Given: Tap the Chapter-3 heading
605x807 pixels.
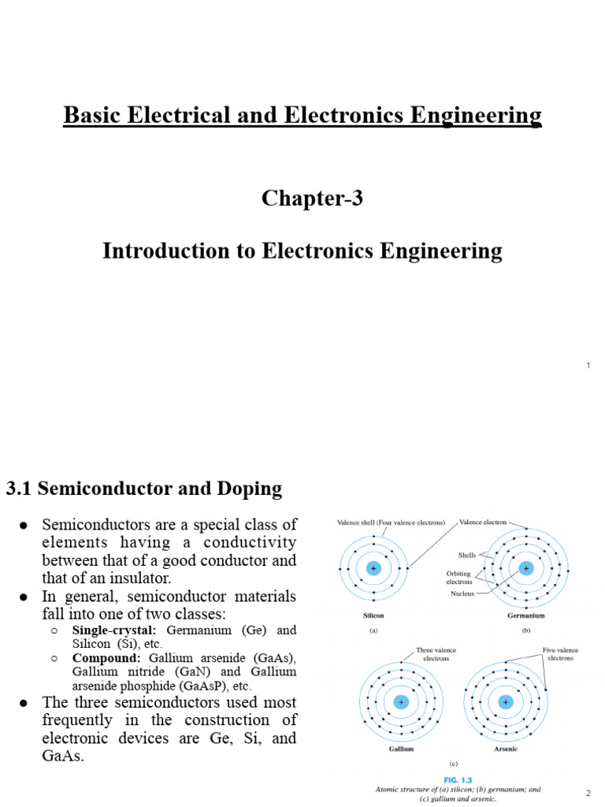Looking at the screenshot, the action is click(x=312, y=199).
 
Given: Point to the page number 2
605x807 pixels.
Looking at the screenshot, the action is click(x=588, y=791).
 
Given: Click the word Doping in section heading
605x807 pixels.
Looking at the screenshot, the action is click(x=248, y=489).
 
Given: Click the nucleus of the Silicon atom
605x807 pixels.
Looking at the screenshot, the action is click(x=373, y=568).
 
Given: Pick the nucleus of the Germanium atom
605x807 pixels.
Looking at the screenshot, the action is click(x=525, y=568).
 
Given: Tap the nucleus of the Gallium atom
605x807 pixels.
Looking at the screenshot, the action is click(x=402, y=701).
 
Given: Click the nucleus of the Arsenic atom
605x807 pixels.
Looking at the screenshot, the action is click(x=506, y=701).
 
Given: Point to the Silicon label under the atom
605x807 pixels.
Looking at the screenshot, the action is click(x=373, y=615).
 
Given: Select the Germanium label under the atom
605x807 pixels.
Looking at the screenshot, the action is click(x=525, y=615).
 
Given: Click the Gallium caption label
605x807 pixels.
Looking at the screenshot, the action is click(x=402, y=749).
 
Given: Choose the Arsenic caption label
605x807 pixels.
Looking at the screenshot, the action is click(x=506, y=749).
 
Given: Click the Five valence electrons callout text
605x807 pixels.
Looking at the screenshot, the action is click(x=560, y=655).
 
